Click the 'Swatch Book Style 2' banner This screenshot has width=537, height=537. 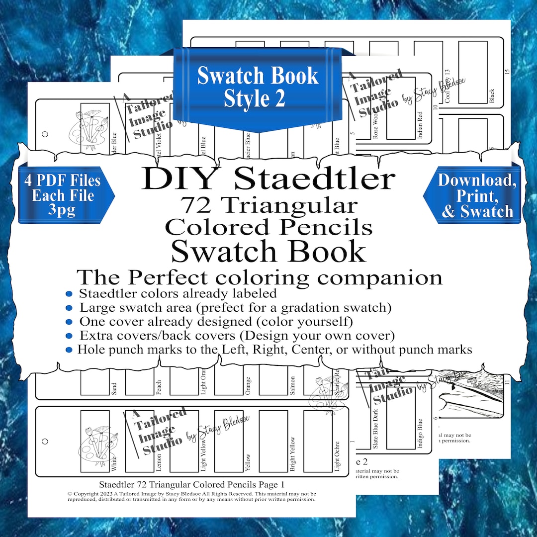257,88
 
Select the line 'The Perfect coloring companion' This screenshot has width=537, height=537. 259,277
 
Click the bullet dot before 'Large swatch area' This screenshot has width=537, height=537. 69,308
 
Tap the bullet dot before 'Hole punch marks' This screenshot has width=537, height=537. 69,350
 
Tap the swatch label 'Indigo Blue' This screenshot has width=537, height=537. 420,435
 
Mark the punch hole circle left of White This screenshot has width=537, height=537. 45,441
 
